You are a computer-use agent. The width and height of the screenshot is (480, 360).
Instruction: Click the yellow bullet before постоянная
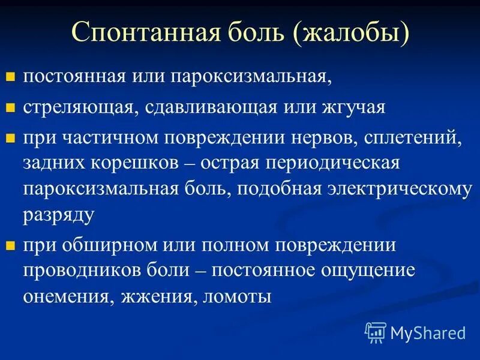pos(10,77)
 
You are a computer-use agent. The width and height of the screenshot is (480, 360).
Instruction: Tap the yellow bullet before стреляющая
pos(10,109)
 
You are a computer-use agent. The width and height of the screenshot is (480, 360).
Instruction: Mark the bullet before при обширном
pos(10,245)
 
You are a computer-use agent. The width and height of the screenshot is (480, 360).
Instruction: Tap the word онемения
pos(68,296)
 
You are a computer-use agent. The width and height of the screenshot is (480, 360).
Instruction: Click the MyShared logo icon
pos(376,332)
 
